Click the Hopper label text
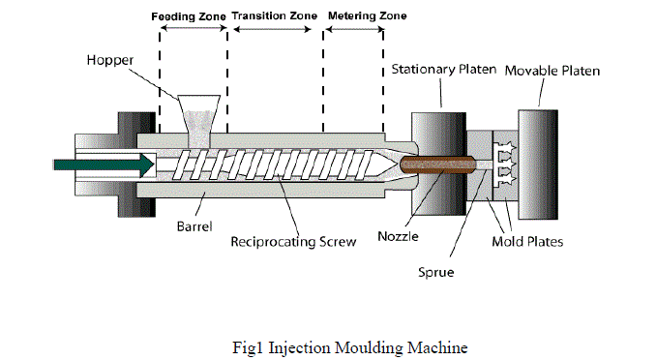click(x=110, y=60)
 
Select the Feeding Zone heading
click(x=189, y=16)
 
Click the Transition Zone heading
click(x=275, y=15)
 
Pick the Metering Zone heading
click(x=367, y=15)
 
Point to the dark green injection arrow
click(x=104, y=165)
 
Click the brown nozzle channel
click(x=438, y=165)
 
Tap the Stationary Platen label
click(x=444, y=69)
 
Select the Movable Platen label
click(x=552, y=71)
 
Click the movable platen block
click(x=538, y=165)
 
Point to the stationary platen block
click(x=438, y=164)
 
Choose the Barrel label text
click(x=194, y=226)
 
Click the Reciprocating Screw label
click(x=293, y=242)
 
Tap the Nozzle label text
click(x=398, y=236)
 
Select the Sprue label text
click(x=436, y=272)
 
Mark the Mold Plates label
click(x=527, y=241)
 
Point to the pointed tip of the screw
click(x=396, y=165)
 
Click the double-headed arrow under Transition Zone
click(x=272, y=29)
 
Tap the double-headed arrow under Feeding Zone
click(x=194, y=28)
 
